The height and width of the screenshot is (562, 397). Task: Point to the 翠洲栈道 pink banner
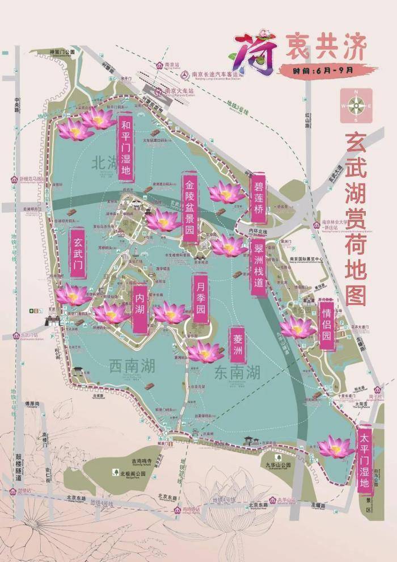(258, 267)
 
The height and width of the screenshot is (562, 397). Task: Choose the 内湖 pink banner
(140, 308)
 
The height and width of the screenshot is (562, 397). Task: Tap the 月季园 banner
(200, 299)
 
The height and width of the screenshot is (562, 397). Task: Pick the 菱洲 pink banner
(236, 344)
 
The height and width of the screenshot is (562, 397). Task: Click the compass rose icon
(356, 106)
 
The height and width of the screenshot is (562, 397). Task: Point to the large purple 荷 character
(253, 53)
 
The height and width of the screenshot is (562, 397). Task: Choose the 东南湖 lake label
(238, 372)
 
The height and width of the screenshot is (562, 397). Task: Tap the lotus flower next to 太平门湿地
(335, 447)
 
